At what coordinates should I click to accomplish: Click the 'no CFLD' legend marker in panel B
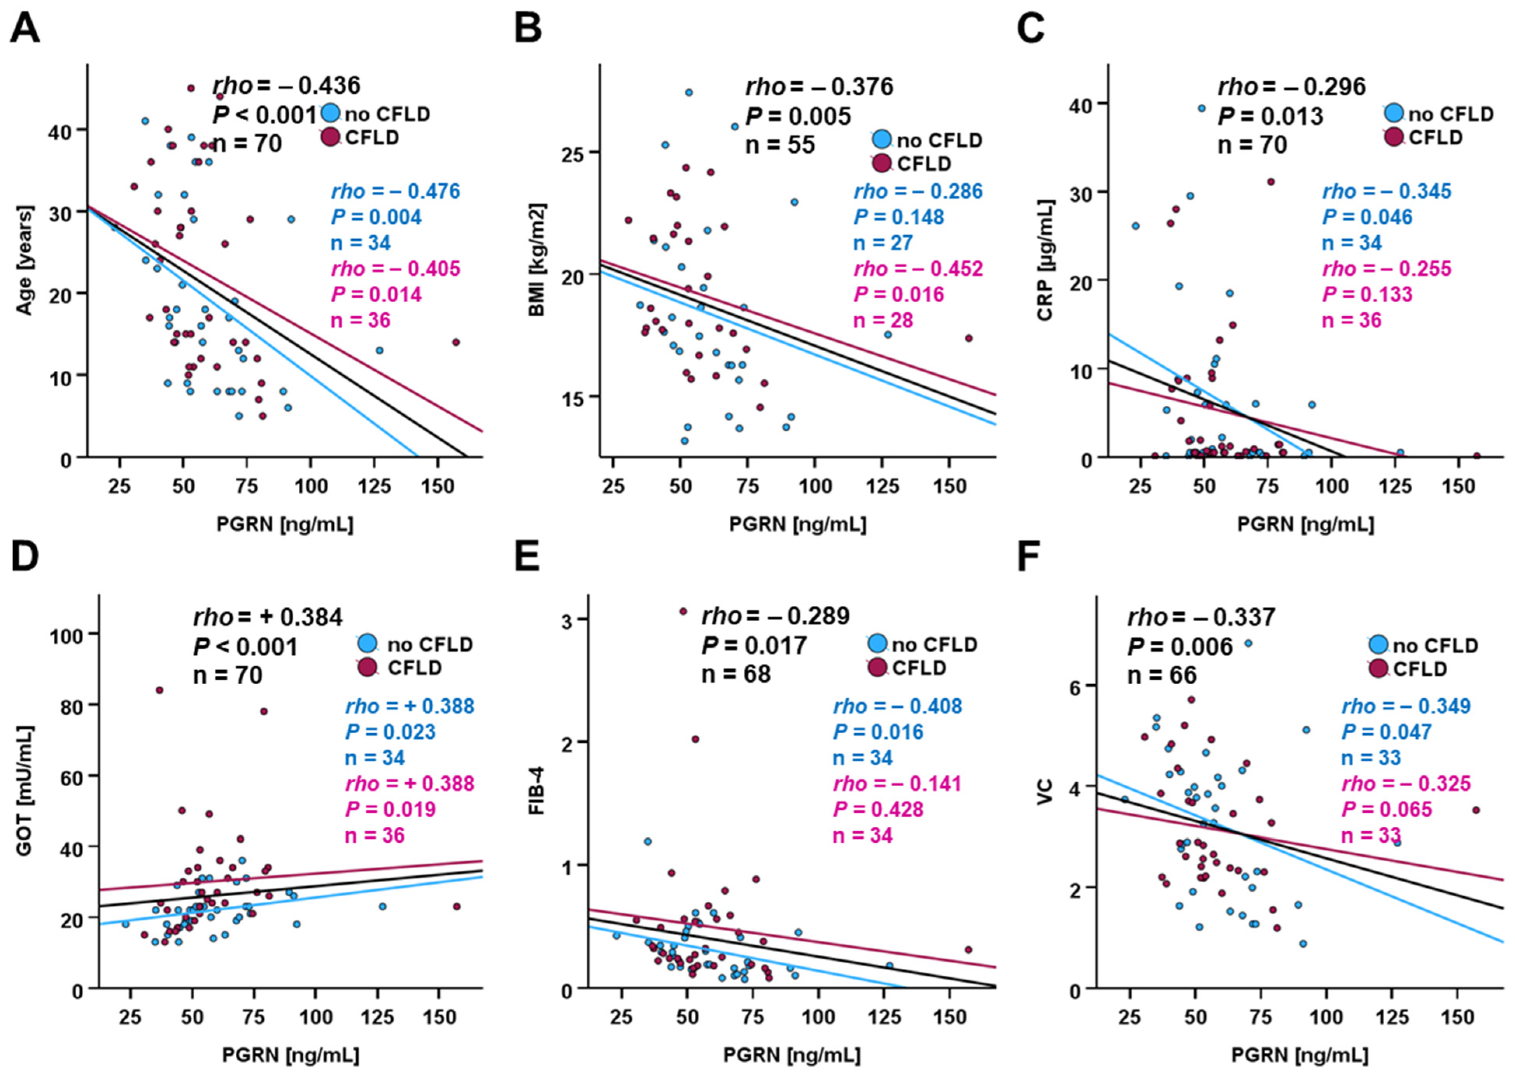coord(882,139)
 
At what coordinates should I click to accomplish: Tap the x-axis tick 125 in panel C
coord(1395,486)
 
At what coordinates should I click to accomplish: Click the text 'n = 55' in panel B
coord(780,145)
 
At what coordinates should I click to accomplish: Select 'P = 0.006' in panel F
coord(1180,647)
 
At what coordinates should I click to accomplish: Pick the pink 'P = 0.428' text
coord(878,809)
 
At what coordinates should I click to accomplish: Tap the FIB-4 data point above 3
coord(683,611)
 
